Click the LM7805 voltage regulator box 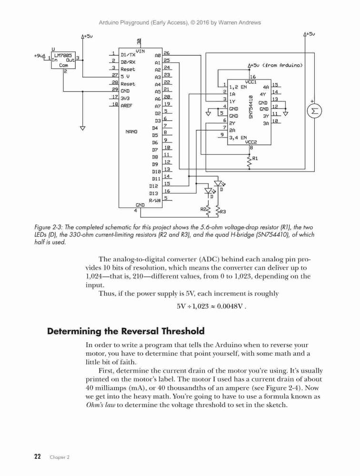coord(63,60)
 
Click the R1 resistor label coord(255,159)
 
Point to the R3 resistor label coord(223,212)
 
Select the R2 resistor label coord(203,209)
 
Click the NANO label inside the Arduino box coord(131,132)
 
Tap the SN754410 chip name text coord(251,107)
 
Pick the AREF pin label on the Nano coord(126,106)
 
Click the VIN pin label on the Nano coord(140,51)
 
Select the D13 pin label coord(153,193)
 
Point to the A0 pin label coord(157,56)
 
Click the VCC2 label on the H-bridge coord(251,142)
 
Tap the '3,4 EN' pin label coord(238,138)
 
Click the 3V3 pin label coord(125,99)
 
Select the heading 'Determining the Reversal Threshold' coord(126,331)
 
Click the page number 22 coord(38,456)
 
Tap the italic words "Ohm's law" coord(100,405)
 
